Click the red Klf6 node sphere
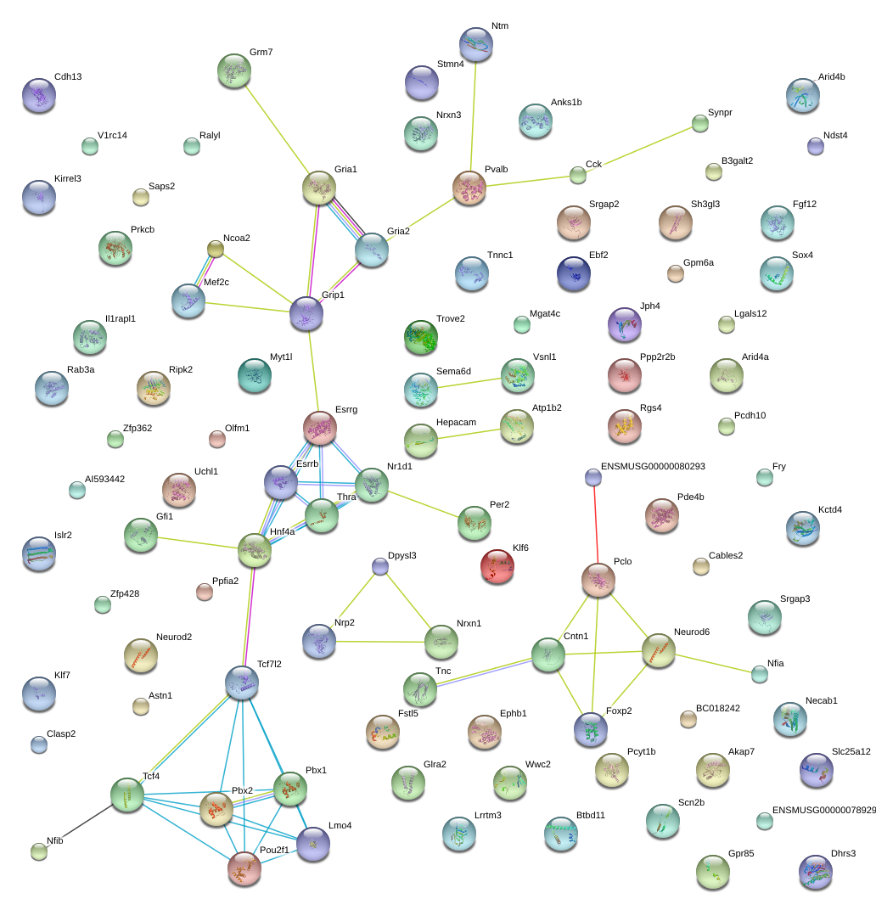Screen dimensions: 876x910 (497, 566)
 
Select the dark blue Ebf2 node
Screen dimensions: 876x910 (574, 274)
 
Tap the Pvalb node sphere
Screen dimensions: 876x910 (469, 188)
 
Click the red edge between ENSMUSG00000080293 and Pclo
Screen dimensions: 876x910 (596, 525)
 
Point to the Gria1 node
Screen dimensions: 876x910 (319, 188)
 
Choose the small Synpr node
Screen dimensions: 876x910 (700, 124)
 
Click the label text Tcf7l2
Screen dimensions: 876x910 (269, 664)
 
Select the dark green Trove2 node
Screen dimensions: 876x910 (421, 337)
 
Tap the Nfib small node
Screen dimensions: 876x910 (39, 852)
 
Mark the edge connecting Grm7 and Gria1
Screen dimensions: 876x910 (278, 129)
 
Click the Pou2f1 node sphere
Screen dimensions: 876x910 (244, 868)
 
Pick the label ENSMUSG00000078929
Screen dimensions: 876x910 (824, 810)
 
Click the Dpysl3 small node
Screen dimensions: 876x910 (380, 566)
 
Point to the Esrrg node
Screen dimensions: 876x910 (320, 429)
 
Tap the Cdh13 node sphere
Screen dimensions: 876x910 (39, 96)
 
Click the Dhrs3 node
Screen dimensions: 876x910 (816, 873)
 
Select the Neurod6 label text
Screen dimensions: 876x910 (692, 632)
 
